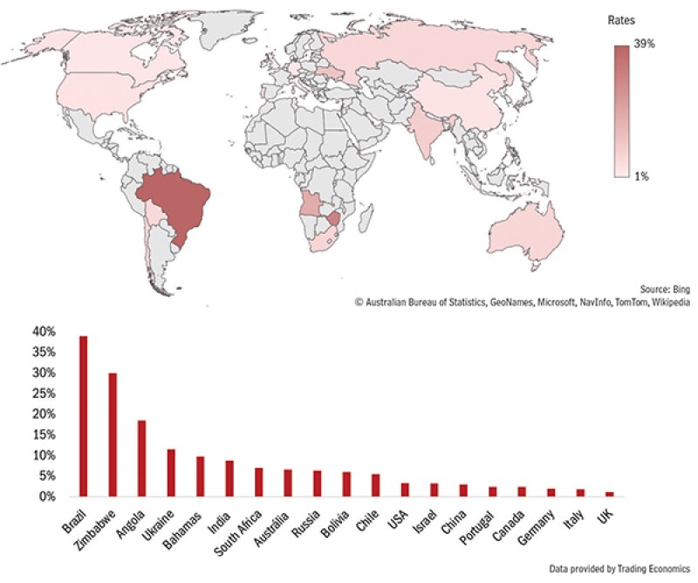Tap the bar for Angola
click(141, 457)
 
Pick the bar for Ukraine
click(171, 472)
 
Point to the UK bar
click(609, 494)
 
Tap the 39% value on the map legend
click(644, 42)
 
